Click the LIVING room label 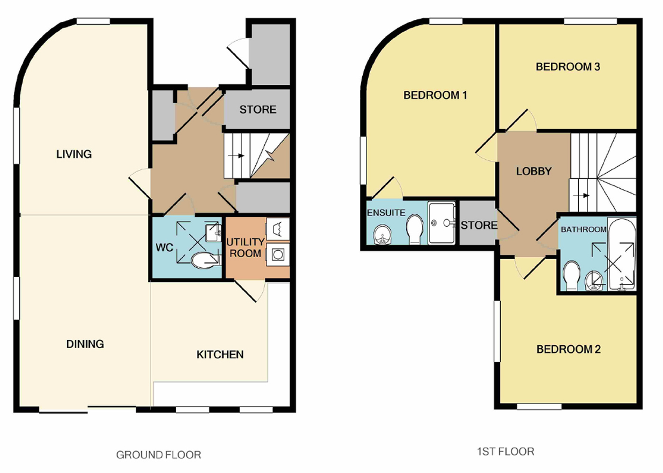pos(74,154)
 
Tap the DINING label pos(85,344)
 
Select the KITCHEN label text pos(220,354)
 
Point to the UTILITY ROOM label pos(245,248)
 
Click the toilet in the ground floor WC pos(204,261)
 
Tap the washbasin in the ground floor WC pos(213,233)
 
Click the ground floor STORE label pos(258,110)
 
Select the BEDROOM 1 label pos(435,95)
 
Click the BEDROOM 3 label pos(568,67)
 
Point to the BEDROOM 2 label pos(568,350)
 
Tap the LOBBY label pos(534,171)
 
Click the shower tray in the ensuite pos(441,223)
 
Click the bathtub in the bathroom pos(621,254)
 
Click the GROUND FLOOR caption pos(159,455)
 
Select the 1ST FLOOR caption pos(506,452)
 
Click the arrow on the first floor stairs pos(582,196)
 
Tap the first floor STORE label pos(479,225)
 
